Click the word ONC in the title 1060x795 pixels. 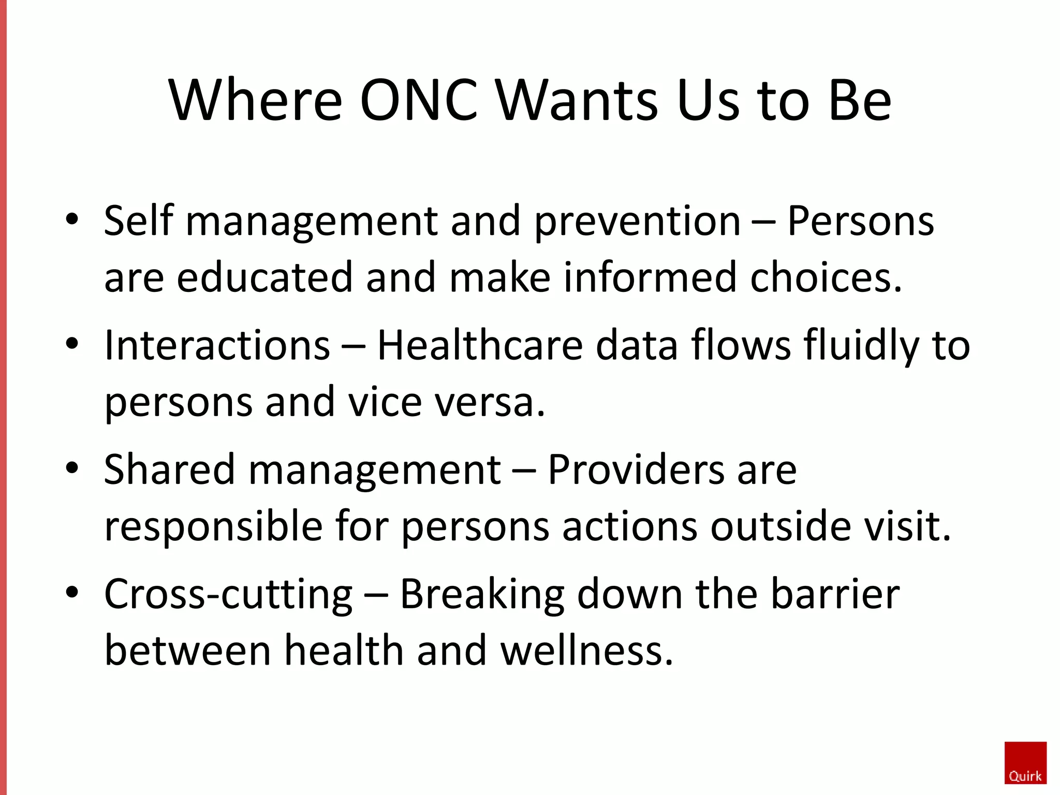pyautogui.click(x=418, y=100)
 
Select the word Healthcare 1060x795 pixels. pyautogui.click(x=480, y=345)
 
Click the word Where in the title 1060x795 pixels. pyautogui.click(x=255, y=100)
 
